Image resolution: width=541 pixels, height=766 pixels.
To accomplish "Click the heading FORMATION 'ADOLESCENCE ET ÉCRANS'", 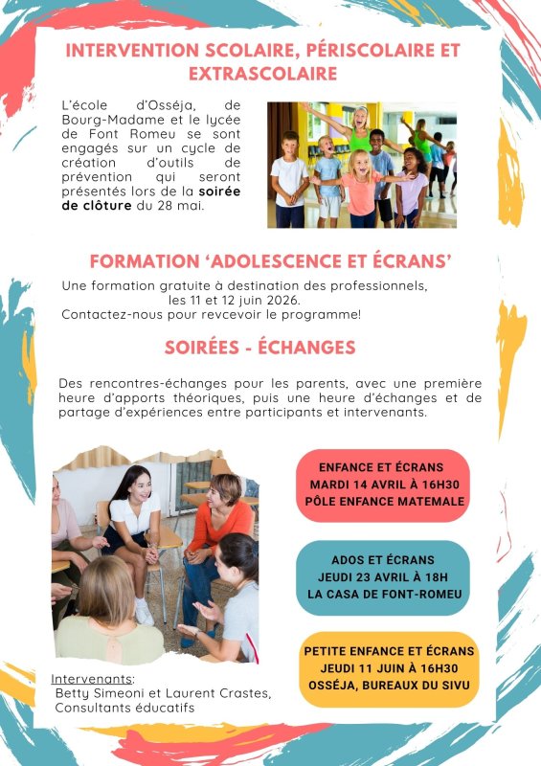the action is pyautogui.click(x=270, y=260).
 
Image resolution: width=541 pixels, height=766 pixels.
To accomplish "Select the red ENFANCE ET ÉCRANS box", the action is pyautogui.click(x=381, y=484).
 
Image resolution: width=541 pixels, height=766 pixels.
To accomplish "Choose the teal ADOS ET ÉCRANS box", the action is pyautogui.click(x=381, y=576).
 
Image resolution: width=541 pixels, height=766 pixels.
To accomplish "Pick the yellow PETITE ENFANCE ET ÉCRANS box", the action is pyautogui.click(x=389, y=667).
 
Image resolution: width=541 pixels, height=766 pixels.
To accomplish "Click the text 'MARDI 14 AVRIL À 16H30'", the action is pyautogui.click(x=381, y=484).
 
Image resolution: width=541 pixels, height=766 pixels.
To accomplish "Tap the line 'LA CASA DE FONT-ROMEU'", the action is pyautogui.click(x=382, y=594).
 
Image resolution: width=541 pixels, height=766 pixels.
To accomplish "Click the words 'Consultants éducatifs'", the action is pyautogui.click(x=124, y=707).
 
